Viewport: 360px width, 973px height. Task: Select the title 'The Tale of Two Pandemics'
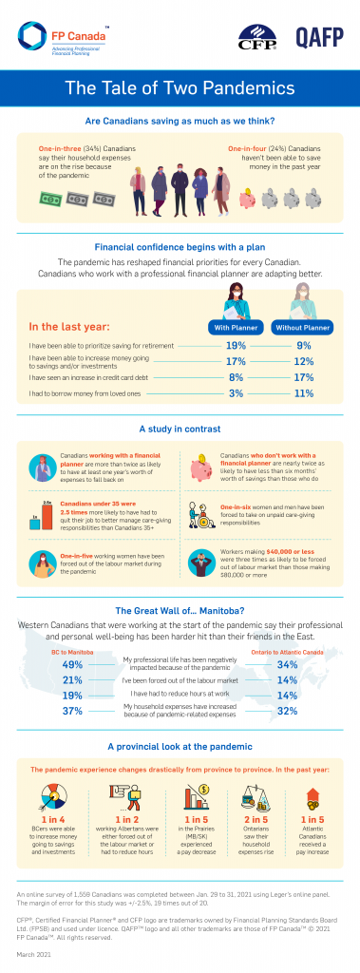[x=180, y=90]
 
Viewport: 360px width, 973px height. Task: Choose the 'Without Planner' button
[x=303, y=328]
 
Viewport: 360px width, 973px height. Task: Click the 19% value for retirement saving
[x=237, y=346]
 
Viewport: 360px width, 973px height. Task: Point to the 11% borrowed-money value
[x=303, y=391]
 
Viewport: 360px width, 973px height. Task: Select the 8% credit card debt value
[x=237, y=376]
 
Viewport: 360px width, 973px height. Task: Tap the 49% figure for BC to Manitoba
[x=72, y=639]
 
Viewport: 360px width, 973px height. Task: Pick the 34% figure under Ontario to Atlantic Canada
[x=287, y=639]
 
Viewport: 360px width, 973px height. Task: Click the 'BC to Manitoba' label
[x=72, y=625]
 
